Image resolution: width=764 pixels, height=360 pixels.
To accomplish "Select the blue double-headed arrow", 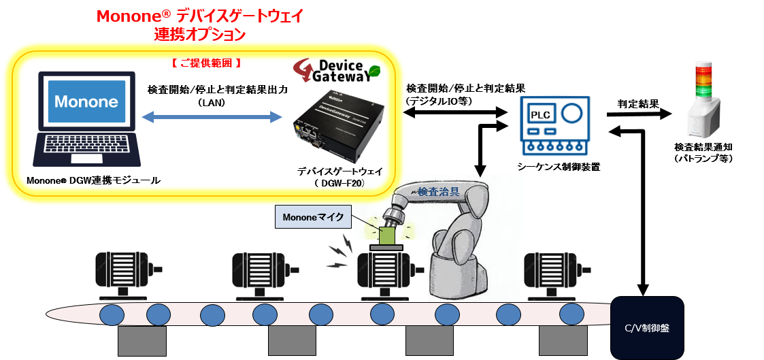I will [212, 118].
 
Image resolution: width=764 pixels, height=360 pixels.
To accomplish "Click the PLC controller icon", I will [554, 126].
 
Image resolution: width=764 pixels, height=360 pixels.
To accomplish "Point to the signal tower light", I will [703, 99].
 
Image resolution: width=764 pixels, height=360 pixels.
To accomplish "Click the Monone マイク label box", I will [313, 217].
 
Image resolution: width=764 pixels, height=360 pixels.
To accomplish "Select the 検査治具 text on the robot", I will [438, 192].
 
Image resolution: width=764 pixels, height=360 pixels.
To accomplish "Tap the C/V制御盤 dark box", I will [646, 328].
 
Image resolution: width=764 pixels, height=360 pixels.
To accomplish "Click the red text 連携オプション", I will [200, 34].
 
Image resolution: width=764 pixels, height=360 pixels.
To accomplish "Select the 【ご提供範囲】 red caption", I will [206, 63].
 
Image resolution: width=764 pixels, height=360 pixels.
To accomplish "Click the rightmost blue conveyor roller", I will [571, 314].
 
